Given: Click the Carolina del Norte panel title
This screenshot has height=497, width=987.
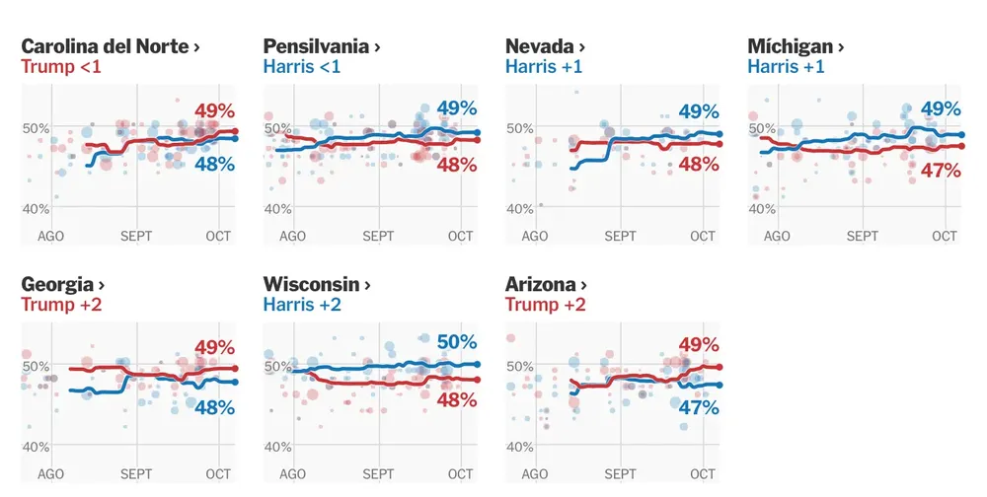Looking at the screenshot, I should [x=111, y=46].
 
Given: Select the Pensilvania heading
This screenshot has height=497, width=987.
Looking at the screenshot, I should [x=322, y=46].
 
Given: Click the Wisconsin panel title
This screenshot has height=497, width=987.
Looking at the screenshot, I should [x=317, y=284].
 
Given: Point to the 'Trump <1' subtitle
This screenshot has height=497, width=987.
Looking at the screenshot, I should [x=61, y=67].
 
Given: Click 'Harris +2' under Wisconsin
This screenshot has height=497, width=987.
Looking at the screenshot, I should [x=302, y=305].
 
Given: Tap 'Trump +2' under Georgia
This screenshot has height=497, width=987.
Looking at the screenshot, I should [x=61, y=305].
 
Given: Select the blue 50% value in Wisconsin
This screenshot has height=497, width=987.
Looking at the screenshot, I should [x=457, y=342].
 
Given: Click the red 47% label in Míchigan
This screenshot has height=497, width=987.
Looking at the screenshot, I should [x=941, y=171].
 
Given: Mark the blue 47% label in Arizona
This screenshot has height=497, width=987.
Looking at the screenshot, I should [x=699, y=406].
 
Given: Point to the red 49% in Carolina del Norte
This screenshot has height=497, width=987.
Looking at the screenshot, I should [x=214, y=108].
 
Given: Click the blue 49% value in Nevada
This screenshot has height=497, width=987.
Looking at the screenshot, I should [x=699, y=112].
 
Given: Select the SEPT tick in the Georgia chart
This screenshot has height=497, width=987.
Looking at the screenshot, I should [x=136, y=474].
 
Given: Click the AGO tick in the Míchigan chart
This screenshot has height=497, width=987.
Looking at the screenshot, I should [x=777, y=237].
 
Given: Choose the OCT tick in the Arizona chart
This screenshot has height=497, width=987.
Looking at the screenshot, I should [x=703, y=474].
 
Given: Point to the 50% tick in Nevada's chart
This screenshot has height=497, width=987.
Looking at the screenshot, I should [x=519, y=128].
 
